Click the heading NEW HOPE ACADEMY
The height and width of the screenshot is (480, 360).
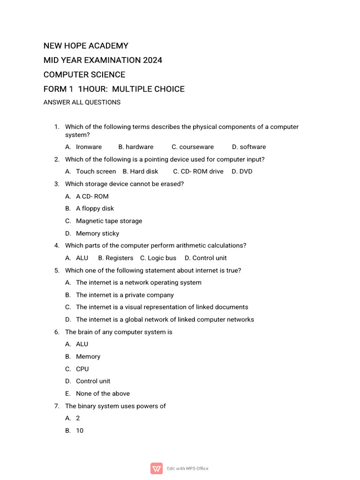[86, 46]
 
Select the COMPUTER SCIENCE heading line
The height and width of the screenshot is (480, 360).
[84, 75]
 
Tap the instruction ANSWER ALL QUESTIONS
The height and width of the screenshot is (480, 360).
[82, 103]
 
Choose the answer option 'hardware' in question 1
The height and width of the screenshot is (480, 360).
[139, 147]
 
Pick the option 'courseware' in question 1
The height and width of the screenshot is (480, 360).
[196, 147]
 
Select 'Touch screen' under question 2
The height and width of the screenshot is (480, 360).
[96, 172]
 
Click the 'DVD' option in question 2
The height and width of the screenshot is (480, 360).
[246, 172]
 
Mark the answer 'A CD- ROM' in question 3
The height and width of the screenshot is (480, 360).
[92, 196]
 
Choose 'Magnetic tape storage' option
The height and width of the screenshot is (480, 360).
[109, 221]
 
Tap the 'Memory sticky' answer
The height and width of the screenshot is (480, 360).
[97, 233]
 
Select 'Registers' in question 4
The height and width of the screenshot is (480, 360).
[119, 258]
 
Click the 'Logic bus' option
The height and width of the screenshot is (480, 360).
[162, 258]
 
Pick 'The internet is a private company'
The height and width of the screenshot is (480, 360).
[125, 295]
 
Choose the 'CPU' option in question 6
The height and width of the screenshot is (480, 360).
[82, 369]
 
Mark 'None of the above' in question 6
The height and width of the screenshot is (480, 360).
[103, 394]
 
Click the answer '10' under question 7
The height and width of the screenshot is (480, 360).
[80, 431]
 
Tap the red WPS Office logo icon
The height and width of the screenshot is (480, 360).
[157, 468]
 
